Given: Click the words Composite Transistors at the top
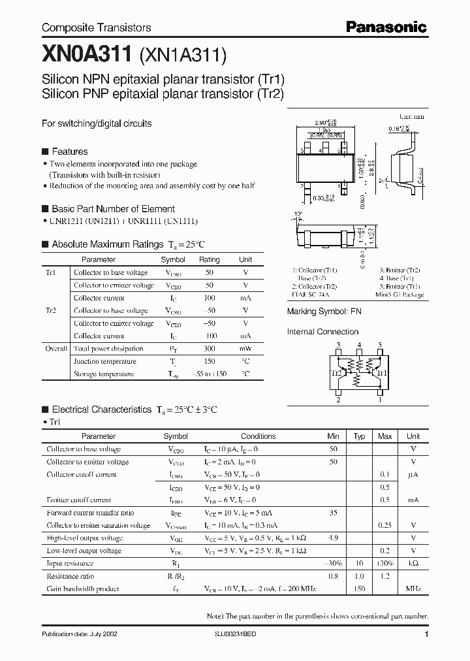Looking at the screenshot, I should click(x=96, y=27).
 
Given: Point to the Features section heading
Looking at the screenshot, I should click(x=69, y=151).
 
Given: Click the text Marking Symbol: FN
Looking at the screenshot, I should click(x=324, y=312).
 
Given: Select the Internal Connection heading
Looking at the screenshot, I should click(x=322, y=332).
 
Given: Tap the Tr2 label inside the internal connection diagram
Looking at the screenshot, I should click(x=337, y=373).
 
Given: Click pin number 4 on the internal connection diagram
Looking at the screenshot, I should click(x=358, y=345).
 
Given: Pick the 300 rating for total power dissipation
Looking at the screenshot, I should click(x=210, y=349).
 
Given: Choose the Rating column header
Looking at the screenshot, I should click(x=210, y=259).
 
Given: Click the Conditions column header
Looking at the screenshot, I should click(x=258, y=436).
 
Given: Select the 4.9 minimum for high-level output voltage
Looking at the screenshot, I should click(x=333, y=538).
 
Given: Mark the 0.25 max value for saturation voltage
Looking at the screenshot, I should click(x=385, y=525).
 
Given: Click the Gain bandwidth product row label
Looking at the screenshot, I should click(x=82, y=589).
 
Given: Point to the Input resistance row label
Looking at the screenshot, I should click(x=70, y=564).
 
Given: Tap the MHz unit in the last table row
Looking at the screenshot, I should click(x=413, y=589).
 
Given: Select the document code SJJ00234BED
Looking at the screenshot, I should click(x=236, y=634).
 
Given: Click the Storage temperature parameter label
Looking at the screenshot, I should click(x=104, y=374).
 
